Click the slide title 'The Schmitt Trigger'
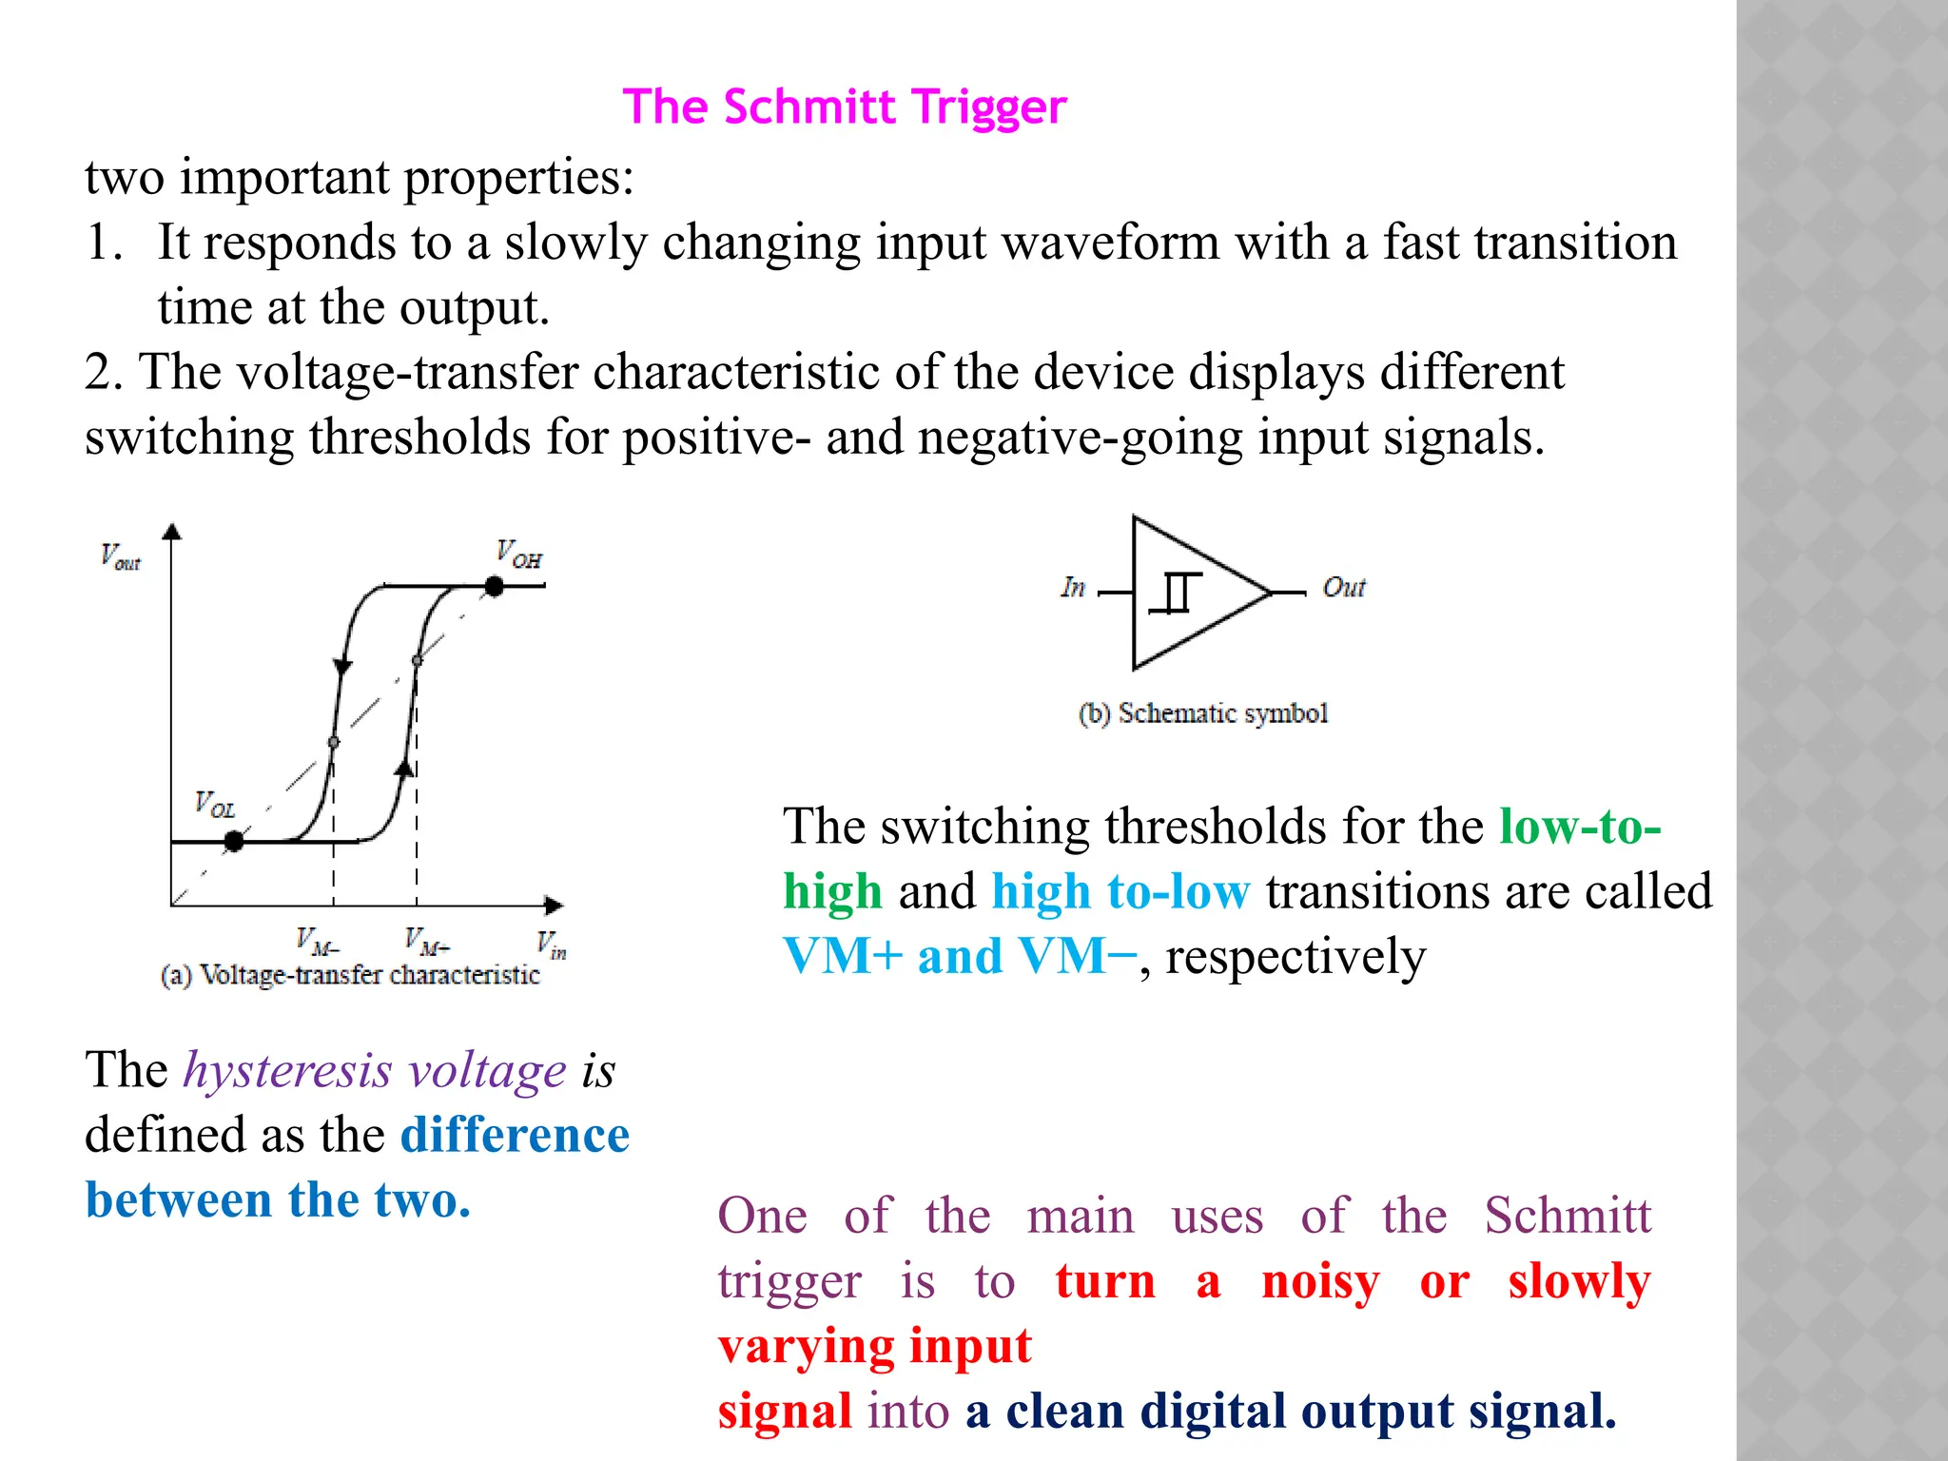tap(845, 107)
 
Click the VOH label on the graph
tap(519, 554)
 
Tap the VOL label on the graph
tap(215, 805)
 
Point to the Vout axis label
tap(121, 557)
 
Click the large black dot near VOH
tap(494, 586)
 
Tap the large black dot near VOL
tap(233, 841)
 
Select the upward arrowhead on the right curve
tap(405, 768)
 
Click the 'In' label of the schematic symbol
tap(1073, 588)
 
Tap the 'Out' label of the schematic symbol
tap(1344, 588)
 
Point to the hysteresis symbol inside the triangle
tap(1176, 594)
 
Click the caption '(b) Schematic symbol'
tap(1203, 713)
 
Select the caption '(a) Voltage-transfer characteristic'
tap(350, 975)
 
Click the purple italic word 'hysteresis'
tap(287, 1070)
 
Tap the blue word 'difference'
tap(515, 1135)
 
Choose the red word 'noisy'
tap(1319, 1281)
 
